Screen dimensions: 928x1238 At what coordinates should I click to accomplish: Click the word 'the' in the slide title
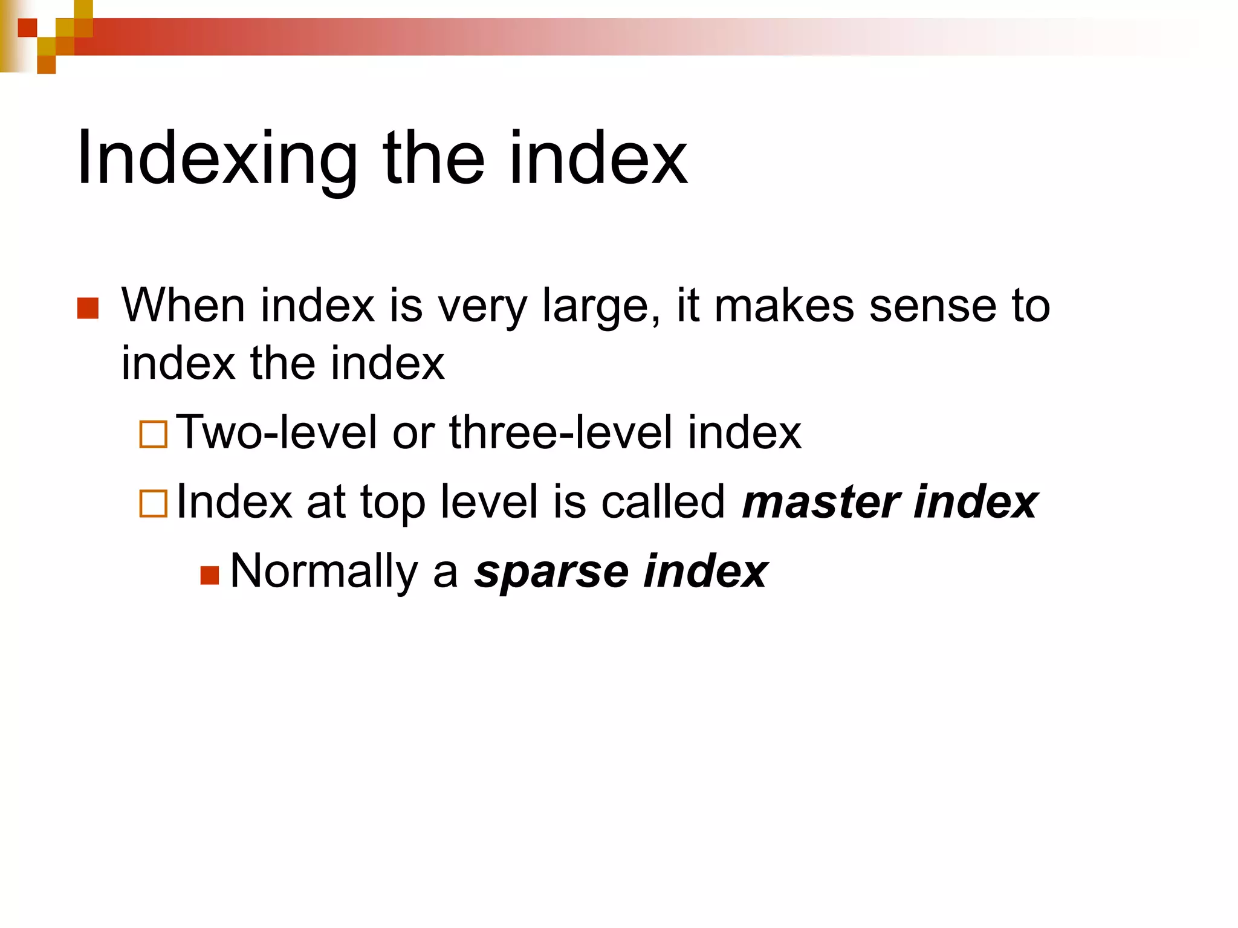click(433, 158)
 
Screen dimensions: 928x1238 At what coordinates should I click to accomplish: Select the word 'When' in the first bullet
click(183, 306)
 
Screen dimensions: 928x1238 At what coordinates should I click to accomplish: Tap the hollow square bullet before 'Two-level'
click(153, 434)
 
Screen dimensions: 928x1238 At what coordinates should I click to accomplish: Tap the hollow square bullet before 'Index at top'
click(153, 503)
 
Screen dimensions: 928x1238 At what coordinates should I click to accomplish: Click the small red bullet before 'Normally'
click(209, 575)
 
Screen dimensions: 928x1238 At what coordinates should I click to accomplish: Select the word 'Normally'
click(324, 572)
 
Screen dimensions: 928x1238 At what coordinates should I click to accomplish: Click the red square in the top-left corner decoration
click(27, 28)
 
